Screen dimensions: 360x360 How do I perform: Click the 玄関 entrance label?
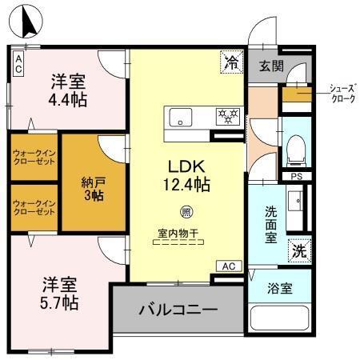click(x=270, y=66)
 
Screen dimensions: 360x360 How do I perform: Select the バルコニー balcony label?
click(x=178, y=308)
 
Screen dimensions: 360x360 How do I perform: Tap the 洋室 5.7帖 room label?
click(x=61, y=293)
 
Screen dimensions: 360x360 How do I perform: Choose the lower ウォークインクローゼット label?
click(x=34, y=207)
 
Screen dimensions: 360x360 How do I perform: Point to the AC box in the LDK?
click(x=228, y=266)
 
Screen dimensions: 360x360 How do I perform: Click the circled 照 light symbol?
click(x=186, y=212)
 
